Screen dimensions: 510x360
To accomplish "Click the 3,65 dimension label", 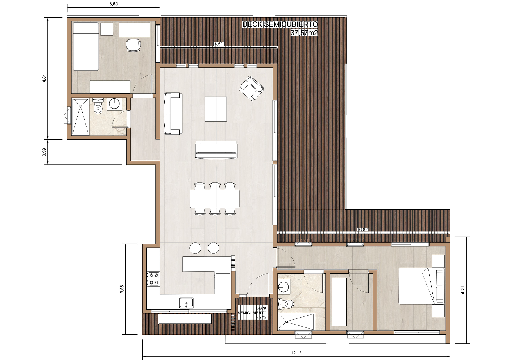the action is click(113, 4).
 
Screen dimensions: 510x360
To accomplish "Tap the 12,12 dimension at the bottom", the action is click(296, 353).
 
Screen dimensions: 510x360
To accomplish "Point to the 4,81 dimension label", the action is click(44, 78).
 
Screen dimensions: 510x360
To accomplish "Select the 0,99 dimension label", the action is click(44, 152).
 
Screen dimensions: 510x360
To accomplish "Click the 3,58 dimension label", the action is click(122, 289).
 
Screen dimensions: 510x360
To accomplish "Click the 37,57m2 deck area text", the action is click(304, 33).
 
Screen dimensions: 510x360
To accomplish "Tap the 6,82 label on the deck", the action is click(363, 230).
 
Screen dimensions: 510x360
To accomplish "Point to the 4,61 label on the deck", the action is click(219, 44).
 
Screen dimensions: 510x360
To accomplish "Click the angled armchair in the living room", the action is click(251, 88).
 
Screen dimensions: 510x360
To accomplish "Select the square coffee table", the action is click(216, 109).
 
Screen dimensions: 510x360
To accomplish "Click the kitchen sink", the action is click(186, 303).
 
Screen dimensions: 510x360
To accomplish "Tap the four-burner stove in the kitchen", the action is click(153, 279).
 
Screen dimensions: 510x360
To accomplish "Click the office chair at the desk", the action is click(133, 45).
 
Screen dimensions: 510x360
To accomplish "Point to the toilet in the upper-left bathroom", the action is click(98, 107).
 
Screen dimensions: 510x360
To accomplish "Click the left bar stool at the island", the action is click(195, 248).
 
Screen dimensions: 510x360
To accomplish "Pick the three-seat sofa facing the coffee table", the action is click(216, 150).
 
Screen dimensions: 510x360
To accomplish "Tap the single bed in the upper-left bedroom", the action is click(86, 46).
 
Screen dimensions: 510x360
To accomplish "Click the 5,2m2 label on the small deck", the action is click(261, 318).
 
